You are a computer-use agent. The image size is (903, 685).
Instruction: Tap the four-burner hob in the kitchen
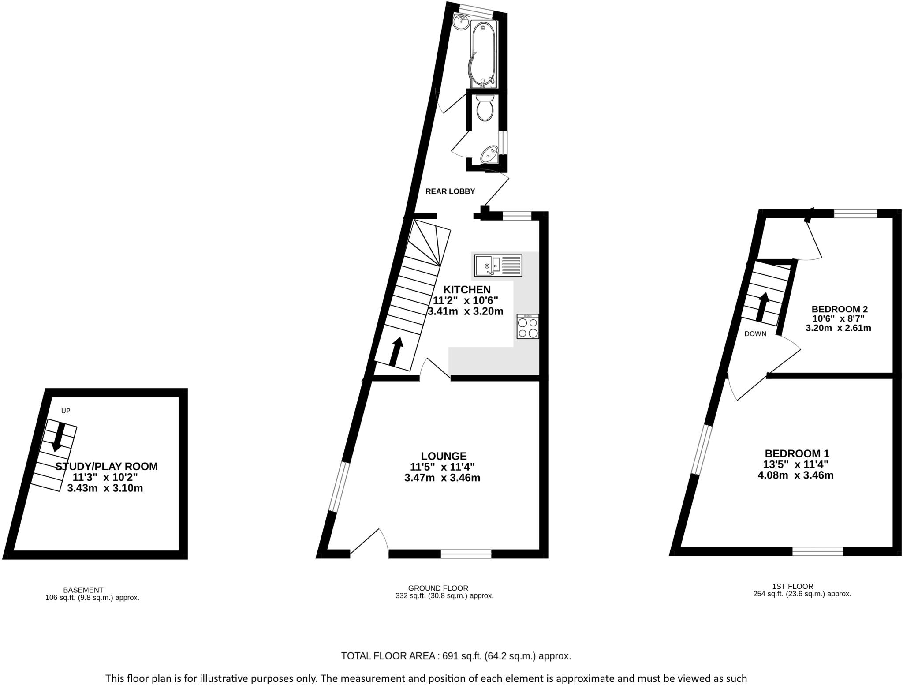(527, 327)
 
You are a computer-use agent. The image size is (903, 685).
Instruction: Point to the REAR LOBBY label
(450, 191)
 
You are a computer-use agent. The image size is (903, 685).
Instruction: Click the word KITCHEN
(466, 289)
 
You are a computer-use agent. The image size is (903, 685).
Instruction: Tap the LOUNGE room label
(443, 456)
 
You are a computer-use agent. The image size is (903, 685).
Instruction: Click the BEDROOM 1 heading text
(797, 453)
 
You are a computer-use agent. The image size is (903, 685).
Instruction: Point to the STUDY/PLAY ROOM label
(106, 466)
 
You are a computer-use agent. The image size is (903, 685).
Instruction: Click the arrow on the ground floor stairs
(396, 352)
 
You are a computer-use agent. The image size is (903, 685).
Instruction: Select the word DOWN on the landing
(755, 334)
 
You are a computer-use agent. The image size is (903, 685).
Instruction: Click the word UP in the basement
(66, 411)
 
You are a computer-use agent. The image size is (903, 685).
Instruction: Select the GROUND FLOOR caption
(438, 588)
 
